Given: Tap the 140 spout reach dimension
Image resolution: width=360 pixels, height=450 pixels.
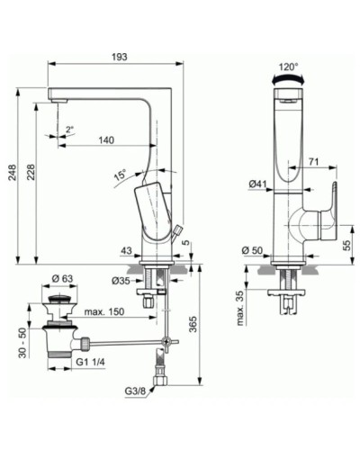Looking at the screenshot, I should point(106,139).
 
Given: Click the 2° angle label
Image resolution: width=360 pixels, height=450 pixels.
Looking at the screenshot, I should point(69,130).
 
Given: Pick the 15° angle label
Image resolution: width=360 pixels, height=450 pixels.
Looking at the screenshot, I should point(120,175).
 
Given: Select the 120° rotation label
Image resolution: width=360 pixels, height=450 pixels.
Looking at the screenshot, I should point(287,67).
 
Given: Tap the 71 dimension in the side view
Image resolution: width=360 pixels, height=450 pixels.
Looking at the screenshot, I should point(315,161).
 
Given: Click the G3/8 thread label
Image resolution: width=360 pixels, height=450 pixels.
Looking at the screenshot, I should point(138,392).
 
